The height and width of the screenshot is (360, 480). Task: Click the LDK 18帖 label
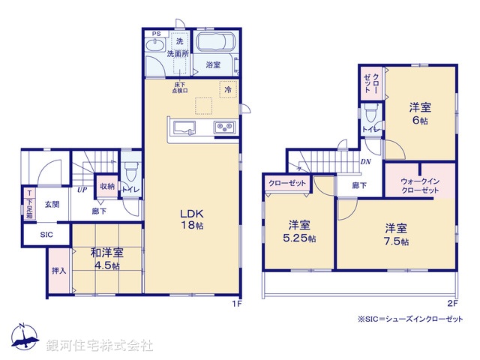pos(190,217)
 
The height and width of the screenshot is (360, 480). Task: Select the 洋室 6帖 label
pos(418,112)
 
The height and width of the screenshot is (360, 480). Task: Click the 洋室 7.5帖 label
pos(397,234)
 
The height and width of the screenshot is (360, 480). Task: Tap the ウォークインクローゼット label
pos(419,185)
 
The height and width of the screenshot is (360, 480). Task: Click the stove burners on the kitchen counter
pos(224,127)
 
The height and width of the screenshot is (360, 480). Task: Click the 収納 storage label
pos(106,186)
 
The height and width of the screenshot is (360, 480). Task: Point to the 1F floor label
pos(235,302)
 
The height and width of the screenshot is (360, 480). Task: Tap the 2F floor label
pos(451,302)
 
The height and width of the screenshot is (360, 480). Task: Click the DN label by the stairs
pos(366,161)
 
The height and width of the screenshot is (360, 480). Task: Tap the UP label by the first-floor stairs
pos(80,190)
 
